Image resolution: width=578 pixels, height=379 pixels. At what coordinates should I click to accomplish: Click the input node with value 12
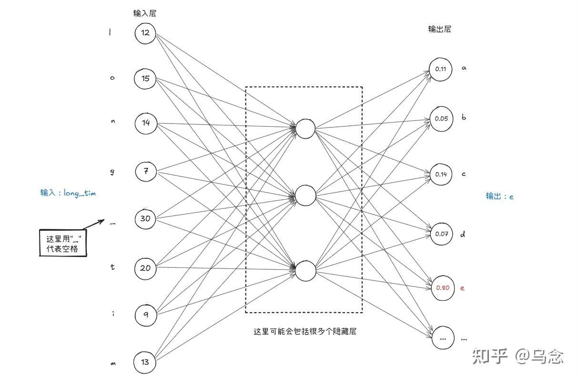(x=145, y=33)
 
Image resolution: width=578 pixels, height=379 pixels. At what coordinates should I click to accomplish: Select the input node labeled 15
(x=145, y=78)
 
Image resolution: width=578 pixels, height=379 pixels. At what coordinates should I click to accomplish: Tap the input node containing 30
(x=145, y=218)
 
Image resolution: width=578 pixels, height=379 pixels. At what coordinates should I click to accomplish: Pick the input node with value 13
(x=145, y=362)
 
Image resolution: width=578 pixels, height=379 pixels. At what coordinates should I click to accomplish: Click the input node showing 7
(x=146, y=172)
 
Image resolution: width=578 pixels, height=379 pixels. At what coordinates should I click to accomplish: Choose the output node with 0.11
(x=440, y=69)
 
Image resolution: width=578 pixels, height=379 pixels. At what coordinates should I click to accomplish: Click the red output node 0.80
(x=443, y=288)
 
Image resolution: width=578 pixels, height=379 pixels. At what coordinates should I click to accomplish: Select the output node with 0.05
(x=441, y=118)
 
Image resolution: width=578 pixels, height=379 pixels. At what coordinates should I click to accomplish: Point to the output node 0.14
(x=441, y=174)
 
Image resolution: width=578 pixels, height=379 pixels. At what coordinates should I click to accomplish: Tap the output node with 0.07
(x=442, y=234)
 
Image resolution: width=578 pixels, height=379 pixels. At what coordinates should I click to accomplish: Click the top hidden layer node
(x=305, y=128)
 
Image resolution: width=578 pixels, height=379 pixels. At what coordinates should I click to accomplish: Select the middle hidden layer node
(x=305, y=195)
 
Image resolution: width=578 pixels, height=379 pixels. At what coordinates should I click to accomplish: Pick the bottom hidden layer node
(x=305, y=270)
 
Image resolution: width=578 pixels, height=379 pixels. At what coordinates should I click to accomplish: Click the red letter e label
(x=462, y=288)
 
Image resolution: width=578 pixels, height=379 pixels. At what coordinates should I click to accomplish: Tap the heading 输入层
(x=145, y=13)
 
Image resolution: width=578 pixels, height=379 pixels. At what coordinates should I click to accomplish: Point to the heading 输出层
(x=439, y=29)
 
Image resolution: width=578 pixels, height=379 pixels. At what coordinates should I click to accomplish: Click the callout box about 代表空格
(x=63, y=244)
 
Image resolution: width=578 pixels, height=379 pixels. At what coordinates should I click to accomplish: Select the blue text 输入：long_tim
(x=68, y=193)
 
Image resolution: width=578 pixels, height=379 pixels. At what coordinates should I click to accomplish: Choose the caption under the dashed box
(x=305, y=332)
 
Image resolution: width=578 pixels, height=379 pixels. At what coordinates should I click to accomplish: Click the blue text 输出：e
(x=499, y=196)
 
